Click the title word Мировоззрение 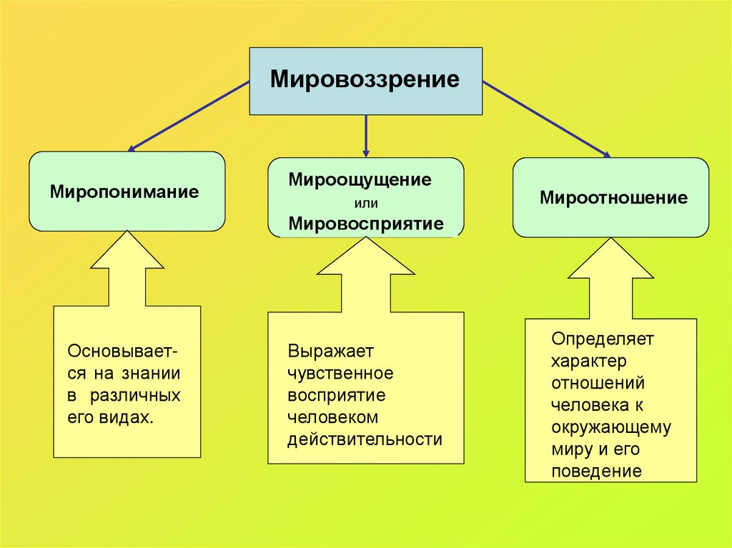tap(365, 79)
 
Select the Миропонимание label tap(124, 192)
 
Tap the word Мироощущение tap(360, 179)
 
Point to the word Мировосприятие tap(365, 224)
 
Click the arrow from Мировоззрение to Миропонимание tap(189, 116)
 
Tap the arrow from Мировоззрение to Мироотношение tap(547, 119)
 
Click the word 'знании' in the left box tap(150, 374)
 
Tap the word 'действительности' tap(365, 439)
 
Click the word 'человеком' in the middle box tap(332, 417)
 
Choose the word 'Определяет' tap(603, 337)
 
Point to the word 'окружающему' tap(611, 427)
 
